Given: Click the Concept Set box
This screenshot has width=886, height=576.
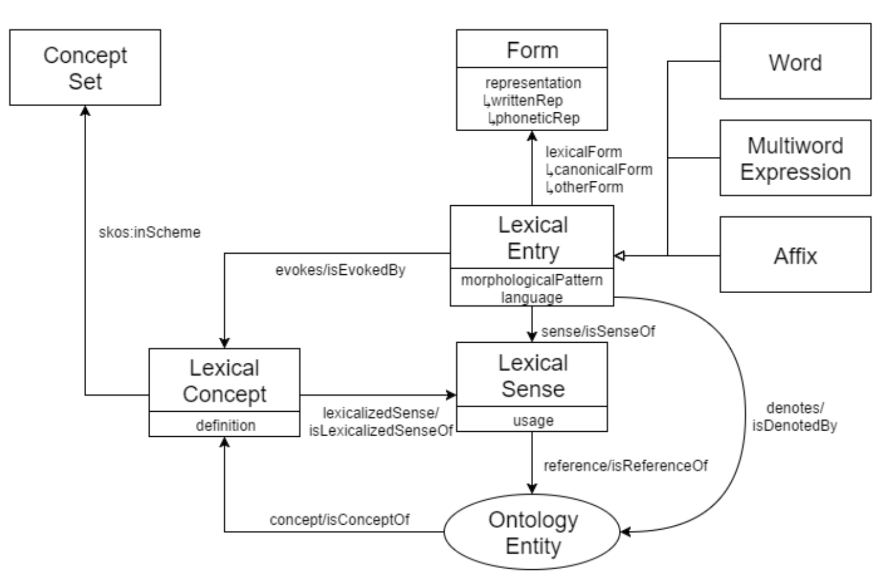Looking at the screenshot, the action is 85,67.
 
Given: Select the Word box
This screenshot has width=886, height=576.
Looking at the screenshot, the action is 795,61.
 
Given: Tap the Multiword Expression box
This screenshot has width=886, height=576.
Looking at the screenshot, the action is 795,157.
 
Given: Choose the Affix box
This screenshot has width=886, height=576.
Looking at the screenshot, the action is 795,254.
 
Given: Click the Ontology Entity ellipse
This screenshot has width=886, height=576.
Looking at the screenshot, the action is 532,532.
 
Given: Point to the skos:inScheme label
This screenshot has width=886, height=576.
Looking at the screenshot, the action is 150,232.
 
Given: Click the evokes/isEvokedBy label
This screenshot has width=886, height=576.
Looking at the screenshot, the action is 340,270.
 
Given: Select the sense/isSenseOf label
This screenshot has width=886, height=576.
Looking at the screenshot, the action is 598,331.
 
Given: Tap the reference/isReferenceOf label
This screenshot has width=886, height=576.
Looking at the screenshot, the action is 626,466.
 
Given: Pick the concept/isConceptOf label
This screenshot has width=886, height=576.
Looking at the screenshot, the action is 339,520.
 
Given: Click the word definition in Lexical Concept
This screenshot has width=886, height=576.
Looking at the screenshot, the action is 225,425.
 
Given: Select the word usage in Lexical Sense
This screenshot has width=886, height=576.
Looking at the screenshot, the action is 533,421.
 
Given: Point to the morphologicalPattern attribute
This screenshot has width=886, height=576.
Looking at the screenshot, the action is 531,280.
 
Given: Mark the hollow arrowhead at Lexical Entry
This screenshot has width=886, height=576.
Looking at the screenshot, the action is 619,256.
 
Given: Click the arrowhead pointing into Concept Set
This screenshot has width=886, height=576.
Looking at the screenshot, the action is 85,111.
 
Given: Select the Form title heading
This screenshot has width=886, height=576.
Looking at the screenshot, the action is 533,50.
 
